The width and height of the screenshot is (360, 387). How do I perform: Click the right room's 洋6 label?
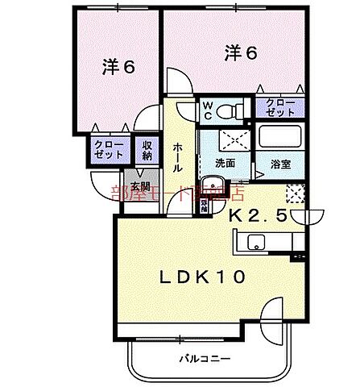[x=241, y=52]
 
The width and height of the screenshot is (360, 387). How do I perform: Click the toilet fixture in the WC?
[x=234, y=109]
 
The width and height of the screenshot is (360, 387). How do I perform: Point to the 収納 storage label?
[x=147, y=151]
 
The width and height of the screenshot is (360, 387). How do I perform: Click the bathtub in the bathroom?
[x=282, y=138]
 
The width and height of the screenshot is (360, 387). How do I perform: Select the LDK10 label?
[x=203, y=277]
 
